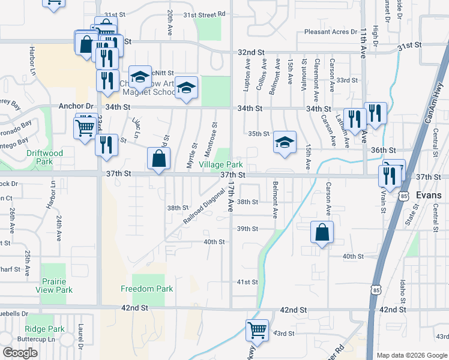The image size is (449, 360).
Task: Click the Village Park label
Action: (x=221, y=164)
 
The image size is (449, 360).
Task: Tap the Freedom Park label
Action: (x=146, y=289)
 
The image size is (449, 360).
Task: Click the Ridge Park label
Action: (x=45, y=329)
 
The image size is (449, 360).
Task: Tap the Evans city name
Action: (x=428, y=196)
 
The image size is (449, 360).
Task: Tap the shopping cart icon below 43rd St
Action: (x=257, y=331)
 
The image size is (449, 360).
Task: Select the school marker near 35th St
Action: (x=285, y=142)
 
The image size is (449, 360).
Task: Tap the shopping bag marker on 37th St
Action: (x=158, y=160)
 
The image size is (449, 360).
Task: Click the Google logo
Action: (x=20, y=352)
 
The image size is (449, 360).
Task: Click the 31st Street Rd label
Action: (x=204, y=14)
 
